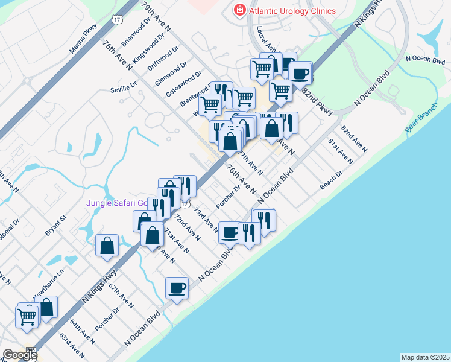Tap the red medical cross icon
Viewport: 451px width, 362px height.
(x=239, y=10)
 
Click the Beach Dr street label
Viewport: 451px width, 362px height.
(x=331, y=180)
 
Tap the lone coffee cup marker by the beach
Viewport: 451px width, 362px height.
(x=177, y=288)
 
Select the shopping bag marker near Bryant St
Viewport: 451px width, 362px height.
(x=107, y=246)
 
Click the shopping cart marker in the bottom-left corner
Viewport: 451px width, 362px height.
(x=27, y=316)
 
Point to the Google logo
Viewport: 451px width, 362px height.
(x=20, y=355)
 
